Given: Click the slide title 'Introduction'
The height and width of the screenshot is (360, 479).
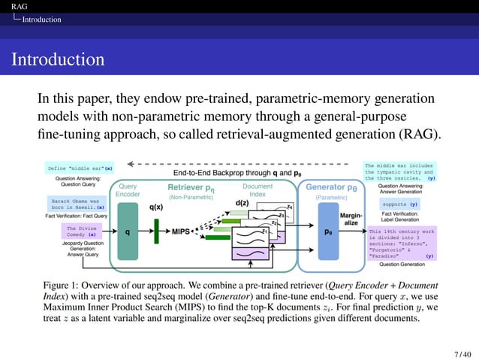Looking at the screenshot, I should coord(58,59).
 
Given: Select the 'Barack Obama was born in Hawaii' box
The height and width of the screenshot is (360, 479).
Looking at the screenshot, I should coord(77,204).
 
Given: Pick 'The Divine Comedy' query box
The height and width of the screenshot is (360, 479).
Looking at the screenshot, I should coord(81,231).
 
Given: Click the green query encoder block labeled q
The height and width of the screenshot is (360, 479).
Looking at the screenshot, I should coord(127,231).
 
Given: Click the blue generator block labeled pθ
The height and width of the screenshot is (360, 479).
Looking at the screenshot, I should coord(329,232).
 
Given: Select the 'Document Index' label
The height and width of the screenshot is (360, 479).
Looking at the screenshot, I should coord(258,189).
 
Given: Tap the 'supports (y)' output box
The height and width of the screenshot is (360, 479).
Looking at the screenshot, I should coord(400,204).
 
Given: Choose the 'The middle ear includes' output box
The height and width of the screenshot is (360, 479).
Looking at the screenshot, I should coord(399,171).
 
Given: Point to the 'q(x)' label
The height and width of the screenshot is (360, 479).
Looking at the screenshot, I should coord(156,206).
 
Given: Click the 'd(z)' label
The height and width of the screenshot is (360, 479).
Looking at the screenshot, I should coord(243,203).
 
